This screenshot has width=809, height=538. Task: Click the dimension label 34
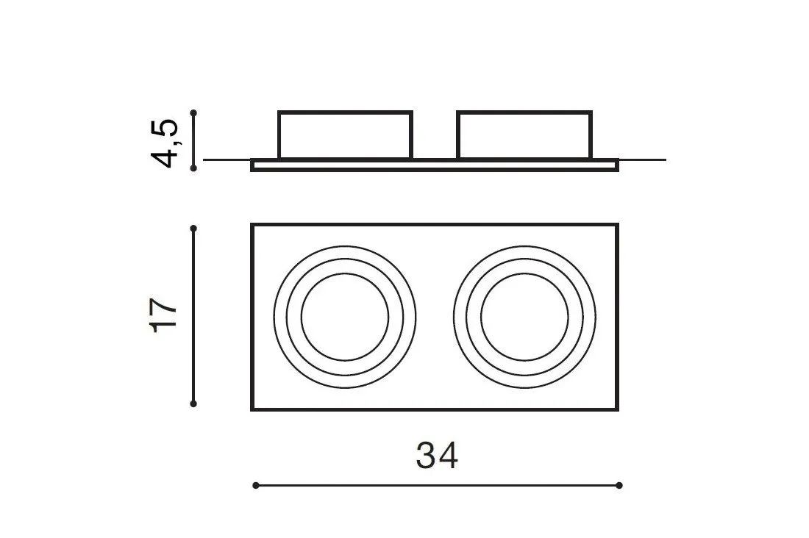[437, 456]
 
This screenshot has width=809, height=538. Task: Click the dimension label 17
[164, 315]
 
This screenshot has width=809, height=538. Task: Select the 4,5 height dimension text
[164, 143]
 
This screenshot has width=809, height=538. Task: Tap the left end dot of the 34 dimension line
[256, 485]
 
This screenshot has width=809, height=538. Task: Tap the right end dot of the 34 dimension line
[619, 485]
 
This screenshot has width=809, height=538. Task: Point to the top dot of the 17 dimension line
[193, 228]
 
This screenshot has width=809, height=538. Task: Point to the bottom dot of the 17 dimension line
[193, 404]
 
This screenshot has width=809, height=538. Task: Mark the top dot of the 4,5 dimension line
[193, 112]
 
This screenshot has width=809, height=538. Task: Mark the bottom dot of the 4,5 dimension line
[193, 168]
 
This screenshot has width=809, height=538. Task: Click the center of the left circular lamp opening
[345, 317]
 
